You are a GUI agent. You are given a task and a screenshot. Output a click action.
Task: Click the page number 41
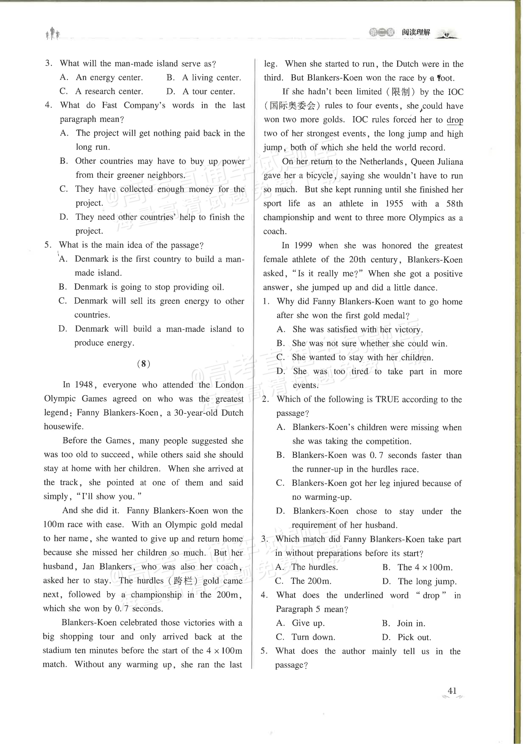[452, 700]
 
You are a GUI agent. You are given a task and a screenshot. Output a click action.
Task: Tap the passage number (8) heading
[143, 364]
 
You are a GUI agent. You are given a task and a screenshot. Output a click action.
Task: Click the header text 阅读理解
[416, 32]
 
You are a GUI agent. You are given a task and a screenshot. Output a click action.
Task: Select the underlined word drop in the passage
[455, 120]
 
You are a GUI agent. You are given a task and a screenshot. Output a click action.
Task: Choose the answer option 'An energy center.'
[109, 77]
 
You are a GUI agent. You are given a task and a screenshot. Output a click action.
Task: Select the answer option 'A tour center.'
[209, 92]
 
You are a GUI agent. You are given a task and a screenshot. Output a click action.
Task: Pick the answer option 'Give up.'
[308, 623]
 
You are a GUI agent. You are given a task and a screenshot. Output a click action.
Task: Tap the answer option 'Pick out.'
[414, 637]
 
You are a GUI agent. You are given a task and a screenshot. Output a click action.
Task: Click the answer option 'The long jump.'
[427, 581]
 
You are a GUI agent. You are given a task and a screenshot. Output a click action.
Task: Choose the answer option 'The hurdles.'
[314, 567]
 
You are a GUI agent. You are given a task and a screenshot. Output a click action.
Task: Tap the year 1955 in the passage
[394, 203]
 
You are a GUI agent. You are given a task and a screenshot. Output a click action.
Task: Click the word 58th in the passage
[454, 203]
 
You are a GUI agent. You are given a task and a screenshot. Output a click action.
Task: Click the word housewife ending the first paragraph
[63, 427]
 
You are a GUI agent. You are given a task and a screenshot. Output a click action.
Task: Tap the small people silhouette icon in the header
[52, 34]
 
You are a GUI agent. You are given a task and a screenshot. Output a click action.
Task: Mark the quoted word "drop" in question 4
[431, 595]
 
